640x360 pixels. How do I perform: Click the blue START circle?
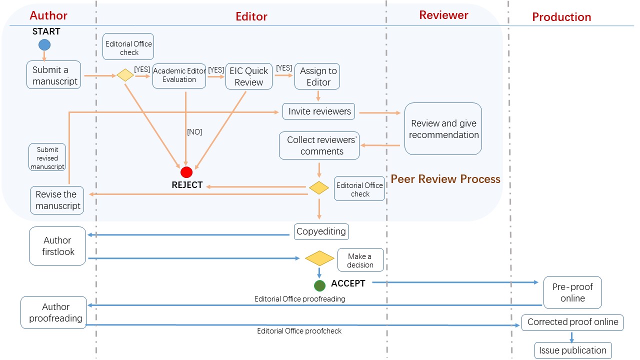click(x=44, y=44)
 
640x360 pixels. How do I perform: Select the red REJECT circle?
click(x=186, y=172)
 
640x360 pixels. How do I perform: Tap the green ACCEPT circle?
click(x=319, y=285)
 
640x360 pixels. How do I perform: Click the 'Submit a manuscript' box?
click(x=55, y=75)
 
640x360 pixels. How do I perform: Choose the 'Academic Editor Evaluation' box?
click(x=179, y=75)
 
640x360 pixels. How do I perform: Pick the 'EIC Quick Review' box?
click(x=249, y=76)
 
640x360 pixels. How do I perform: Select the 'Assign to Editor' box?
click(x=318, y=76)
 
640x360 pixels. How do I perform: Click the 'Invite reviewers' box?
click(x=319, y=111)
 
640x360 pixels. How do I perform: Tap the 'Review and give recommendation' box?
click(x=443, y=129)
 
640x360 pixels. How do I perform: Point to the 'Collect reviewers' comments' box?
click(x=319, y=145)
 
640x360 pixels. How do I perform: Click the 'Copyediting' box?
click(x=321, y=231)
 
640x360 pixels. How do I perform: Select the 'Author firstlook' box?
click(x=57, y=246)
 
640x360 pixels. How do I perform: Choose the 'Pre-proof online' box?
click(x=572, y=292)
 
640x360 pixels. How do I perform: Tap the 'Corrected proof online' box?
click(x=573, y=322)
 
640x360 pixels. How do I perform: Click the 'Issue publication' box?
click(x=573, y=350)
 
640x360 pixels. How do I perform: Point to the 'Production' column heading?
click(x=561, y=17)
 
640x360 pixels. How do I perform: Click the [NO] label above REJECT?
click(x=194, y=132)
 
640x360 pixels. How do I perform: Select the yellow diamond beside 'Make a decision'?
click(x=319, y=258)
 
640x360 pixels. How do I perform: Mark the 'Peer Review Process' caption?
click(x=445, y=179)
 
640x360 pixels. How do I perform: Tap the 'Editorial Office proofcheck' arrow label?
click(x=299, y=331)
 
